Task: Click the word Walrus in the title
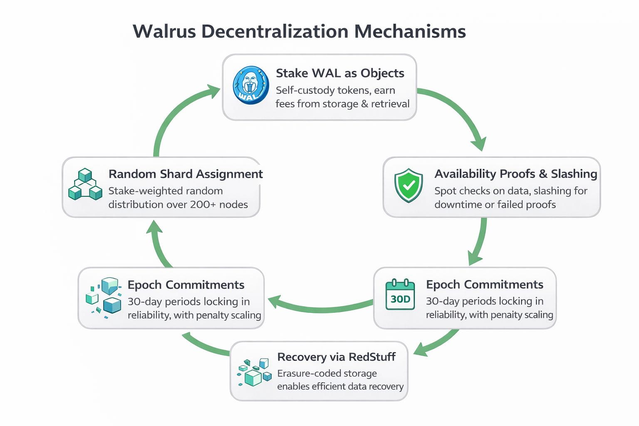[x=164, y=32]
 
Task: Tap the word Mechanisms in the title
[x=410, y=32]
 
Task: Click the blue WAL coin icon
[x=250, y=85]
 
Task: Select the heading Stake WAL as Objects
[x=340, y=73]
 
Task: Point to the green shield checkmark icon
[x=409, y=185]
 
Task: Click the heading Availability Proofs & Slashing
[x=515, y=174]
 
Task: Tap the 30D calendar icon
[x=400, y=295]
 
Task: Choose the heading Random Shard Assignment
[x=186, y=174]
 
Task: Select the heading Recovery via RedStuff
[x=336, y=357]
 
